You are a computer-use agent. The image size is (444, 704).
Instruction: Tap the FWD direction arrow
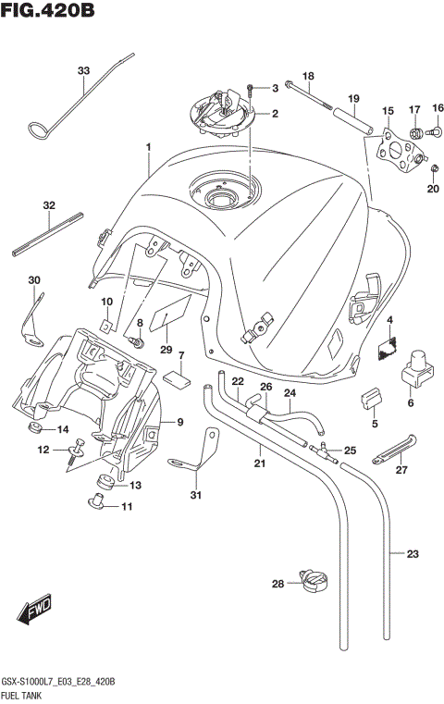click(x=33, y=610)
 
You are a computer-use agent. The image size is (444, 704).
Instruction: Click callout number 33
click(x=83, y=71)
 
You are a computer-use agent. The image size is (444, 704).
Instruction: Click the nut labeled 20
click(x=408, y=167)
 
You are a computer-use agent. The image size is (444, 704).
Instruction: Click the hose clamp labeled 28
click(x=314, y=581)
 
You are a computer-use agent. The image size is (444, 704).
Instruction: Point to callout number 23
click(x=413, y=555)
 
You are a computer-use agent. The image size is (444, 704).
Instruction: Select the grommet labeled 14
click(x=37, y=429)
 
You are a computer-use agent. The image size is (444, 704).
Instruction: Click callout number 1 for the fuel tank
click(x=147, y=147)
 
